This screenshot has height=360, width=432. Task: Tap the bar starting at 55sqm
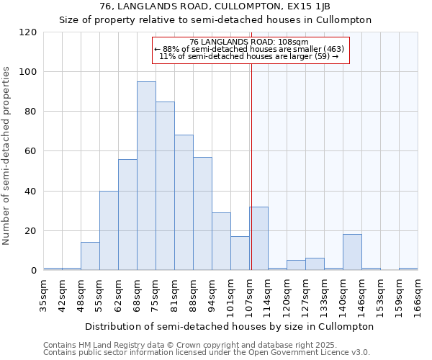click(x=109, y=230)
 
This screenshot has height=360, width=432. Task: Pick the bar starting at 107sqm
click(x=258, y=238)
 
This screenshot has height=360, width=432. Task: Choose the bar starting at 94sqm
click(x=221, y=241)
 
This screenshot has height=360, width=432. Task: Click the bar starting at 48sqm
click(x=90, y=256)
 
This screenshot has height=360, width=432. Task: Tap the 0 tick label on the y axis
click(x=34, y=271)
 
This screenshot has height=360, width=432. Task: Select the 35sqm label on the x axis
click(x=44, y=294)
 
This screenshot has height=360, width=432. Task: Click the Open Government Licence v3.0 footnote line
click(x=207, y=352)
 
